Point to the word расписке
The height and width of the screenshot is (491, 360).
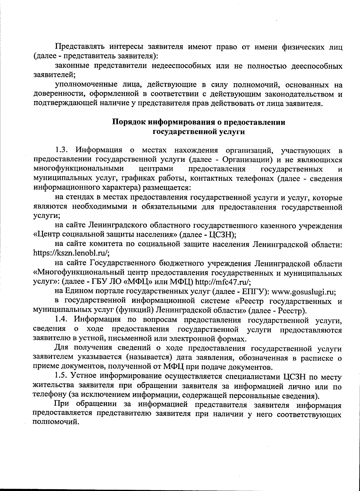click(x=318, y=358)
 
